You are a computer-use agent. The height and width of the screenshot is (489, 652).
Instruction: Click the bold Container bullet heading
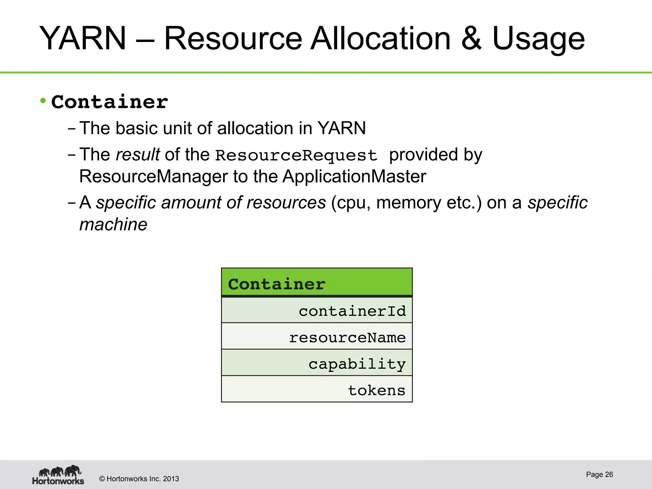(x=110, y=102)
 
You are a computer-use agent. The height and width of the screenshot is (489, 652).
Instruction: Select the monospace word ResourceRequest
(x=296, y=155)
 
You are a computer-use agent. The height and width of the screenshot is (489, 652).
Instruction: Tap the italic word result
(x=138, y=155)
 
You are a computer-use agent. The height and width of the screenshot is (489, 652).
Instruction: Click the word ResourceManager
(x=153, y=176)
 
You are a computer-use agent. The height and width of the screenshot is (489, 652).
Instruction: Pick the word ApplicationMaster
(x=354, y=176)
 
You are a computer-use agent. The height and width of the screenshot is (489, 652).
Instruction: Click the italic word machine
(x=113, y=225)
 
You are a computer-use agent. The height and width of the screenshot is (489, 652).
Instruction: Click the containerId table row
(x=317, y=310)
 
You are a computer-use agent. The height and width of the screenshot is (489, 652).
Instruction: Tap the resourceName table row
(x=317, y=337)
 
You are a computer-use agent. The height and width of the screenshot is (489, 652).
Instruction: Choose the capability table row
(x=317, y=363)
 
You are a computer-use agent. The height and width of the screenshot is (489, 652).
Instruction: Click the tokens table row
(x=317, y=390)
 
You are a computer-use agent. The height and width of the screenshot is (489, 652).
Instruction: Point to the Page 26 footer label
(x=599, y=474)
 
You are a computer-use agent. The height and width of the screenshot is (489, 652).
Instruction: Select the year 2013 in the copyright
(x=171, y=479)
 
